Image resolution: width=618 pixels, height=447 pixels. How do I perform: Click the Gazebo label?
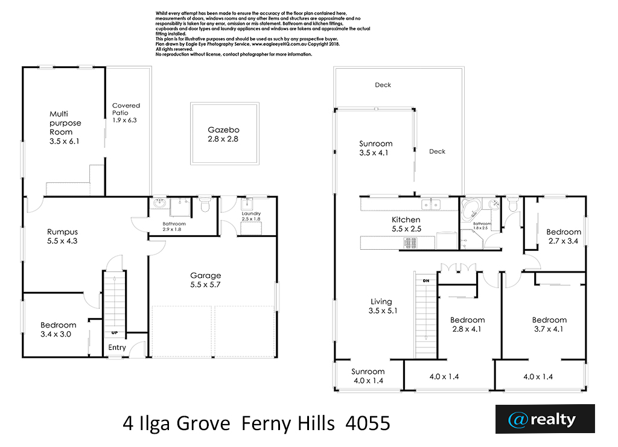(223, 130)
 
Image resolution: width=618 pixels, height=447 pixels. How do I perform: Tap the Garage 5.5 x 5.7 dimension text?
(205, 284)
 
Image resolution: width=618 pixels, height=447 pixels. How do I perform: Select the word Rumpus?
(62, 232)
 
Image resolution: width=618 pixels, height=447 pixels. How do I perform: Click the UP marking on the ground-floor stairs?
(114, 333)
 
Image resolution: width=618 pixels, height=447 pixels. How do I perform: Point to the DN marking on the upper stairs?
(426, 281)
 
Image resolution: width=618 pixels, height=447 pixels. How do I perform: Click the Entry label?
(117, 347)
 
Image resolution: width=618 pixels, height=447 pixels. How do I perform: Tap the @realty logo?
(545, 419)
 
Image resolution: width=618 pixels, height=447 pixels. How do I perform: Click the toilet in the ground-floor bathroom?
(205, 204)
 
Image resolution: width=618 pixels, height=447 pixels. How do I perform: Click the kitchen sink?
(431, 204)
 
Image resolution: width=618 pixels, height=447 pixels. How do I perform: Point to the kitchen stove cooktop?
(410, 243)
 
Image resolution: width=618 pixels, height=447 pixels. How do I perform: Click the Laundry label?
(251, 214)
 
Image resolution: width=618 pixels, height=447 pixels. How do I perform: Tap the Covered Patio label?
(126, 109)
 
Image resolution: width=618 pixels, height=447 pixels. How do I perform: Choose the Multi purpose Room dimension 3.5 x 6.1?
(64, 141)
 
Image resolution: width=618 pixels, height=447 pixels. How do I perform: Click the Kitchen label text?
(406, 220)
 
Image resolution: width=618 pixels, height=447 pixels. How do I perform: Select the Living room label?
(381, 302)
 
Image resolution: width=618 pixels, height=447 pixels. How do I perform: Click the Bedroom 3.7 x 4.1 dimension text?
(549, 329)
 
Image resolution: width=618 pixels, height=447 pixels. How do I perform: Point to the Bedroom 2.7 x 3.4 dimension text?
(563, 241)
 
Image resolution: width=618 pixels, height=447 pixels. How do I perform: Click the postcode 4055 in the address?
(368, 423)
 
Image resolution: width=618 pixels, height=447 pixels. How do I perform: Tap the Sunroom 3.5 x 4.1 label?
(375, 148)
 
